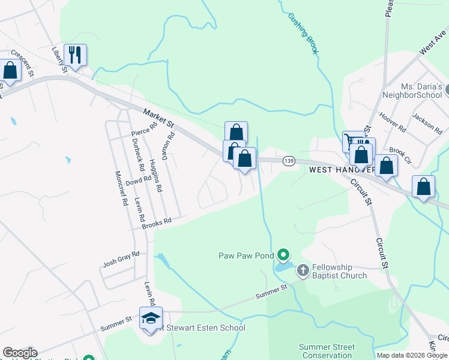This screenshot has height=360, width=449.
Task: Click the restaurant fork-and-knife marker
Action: (x=76, y=55)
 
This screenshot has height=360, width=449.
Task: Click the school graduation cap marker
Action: (x=151, y=317)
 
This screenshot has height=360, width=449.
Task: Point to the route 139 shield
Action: (x=289, y=161)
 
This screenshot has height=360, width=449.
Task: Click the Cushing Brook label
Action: (x=303, y=34)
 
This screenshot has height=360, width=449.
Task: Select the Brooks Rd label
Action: (x=157, y=223)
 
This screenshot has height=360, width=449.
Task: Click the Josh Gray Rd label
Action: (x=121, y=259)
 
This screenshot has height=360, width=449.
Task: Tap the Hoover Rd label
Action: (x=393, y=122)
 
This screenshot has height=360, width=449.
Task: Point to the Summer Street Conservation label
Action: (x=328, y=351)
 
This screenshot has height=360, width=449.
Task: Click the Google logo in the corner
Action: (x=20, y=353)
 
